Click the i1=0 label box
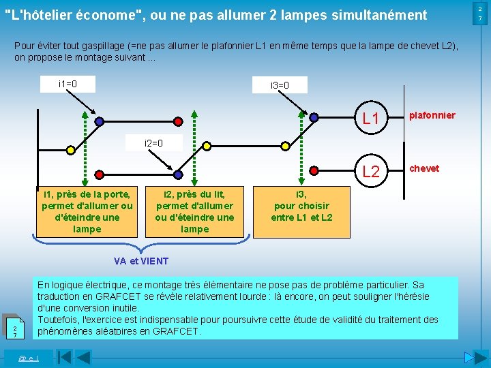point(68,84)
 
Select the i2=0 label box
point(154,143)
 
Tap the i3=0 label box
point(280,85)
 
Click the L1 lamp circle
point(371,119)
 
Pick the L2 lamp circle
point(371,171)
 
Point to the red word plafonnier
point(432,115)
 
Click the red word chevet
point(424,168)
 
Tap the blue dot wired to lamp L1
point(314,117)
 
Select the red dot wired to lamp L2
point(314,170)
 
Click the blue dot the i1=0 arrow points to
point(100,121)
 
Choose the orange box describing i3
point(302,206)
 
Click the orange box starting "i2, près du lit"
point(194,211)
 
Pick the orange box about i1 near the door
point(87,211)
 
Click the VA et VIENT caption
point(141,261)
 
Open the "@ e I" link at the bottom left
point(28,358)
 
